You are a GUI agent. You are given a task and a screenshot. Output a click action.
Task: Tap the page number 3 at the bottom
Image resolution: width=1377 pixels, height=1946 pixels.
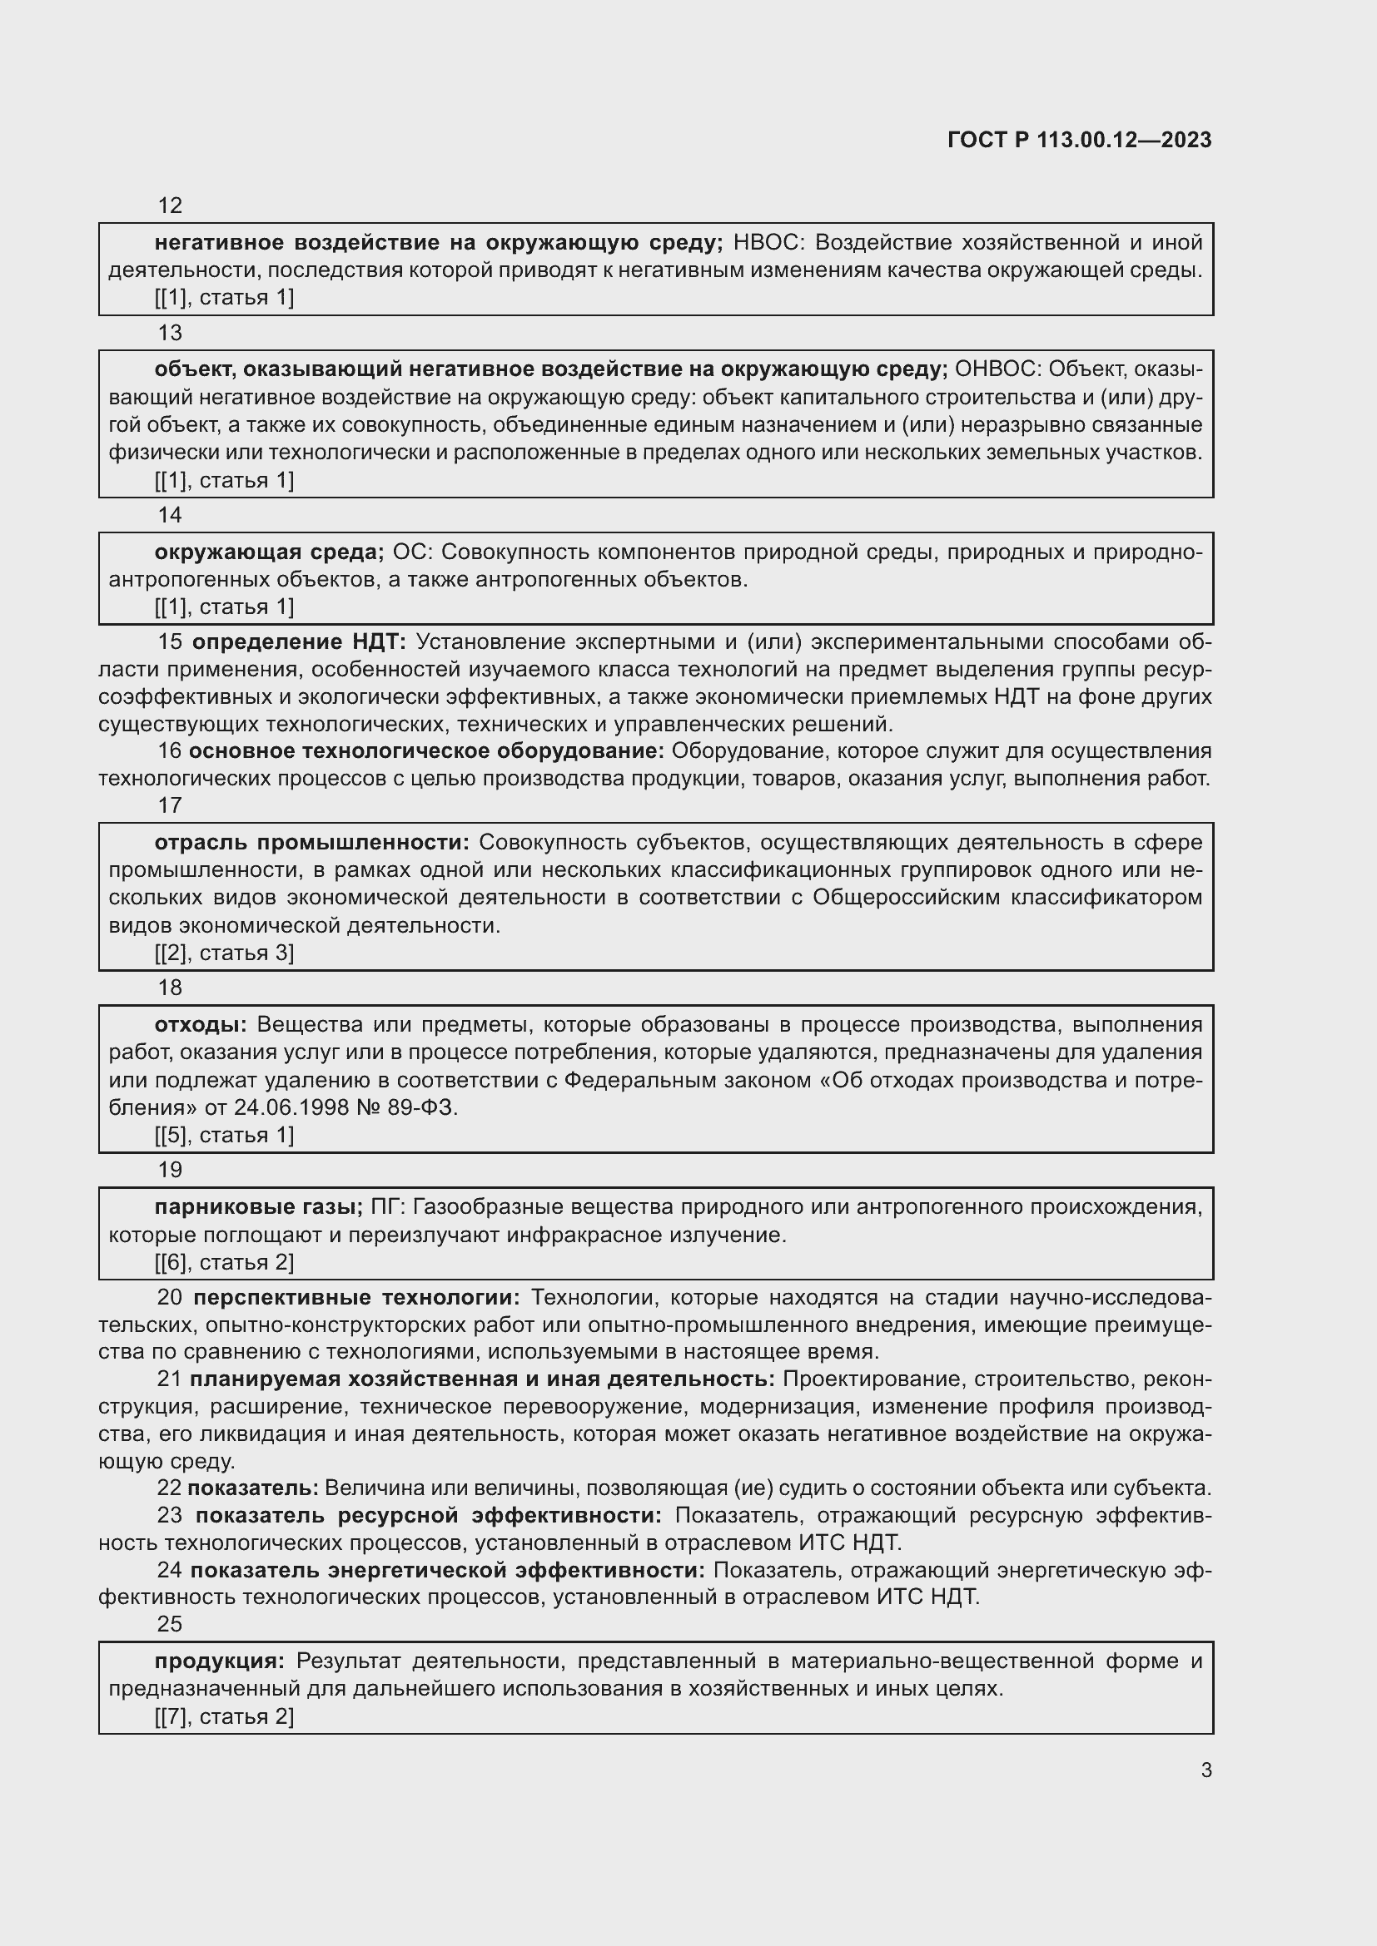pyautogui.click(x=1205, y=1770)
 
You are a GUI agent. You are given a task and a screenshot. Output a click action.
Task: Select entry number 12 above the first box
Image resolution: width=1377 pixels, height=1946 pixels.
pyautogui.click(x=171, y=205)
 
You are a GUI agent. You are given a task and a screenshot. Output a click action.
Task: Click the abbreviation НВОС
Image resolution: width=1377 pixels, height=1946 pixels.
pyautogui.click(x=768, y=243)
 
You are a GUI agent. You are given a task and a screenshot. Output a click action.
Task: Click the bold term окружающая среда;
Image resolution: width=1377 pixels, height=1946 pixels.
pyautogui.click(x=269, y=552)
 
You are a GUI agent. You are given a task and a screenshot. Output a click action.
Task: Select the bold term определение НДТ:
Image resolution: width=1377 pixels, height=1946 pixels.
pyautogui.click(x=300, y=642)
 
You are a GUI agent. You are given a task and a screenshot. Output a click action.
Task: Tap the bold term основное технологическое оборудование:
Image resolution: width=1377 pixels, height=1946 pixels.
pyautogui.click(x=426, y=751)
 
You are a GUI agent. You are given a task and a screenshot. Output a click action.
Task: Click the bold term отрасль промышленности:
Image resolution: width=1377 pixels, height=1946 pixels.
pyautogui.click(x=311, y=843)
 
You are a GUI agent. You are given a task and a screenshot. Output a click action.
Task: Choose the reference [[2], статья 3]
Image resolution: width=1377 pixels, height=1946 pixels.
pyautogui.click(x=224, y=953)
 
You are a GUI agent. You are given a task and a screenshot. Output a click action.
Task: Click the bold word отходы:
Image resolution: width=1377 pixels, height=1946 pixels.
pyautogui.click(x=200, y=1025)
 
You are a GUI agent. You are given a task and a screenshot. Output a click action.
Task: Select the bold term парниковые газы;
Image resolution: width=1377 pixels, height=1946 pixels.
pyautogui.click(x=258, y=1207)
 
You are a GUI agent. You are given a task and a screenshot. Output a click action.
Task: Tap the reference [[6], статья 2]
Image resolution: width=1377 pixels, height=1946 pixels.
pyautogui.click(x=224, y=1262)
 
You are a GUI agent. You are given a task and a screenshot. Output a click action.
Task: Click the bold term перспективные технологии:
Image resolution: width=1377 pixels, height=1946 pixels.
pyautogui.click(x=356, y=1298)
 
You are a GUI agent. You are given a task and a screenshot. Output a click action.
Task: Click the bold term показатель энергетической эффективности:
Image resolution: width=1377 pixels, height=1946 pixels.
pyautogui.click(x=447, y=1571)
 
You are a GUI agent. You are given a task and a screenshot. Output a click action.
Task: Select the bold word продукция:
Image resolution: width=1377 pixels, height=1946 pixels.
pyautogui.click(x=220, y=1661)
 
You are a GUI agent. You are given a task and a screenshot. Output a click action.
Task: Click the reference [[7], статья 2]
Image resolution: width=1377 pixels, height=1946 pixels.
pyautogui.click(x=224, y=1716)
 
